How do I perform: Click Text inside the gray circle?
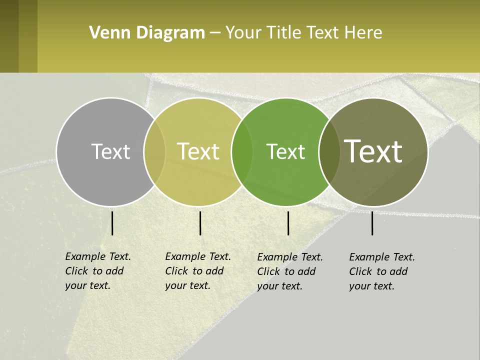110,151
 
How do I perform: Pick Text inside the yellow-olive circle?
198,151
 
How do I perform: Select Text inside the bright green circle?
285,151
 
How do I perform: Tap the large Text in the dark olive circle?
373,151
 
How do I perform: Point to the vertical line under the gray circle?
112,223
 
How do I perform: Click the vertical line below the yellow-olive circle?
200,223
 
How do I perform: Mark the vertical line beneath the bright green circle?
288,223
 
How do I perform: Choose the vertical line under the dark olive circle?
372,223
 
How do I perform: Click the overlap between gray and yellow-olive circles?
154,151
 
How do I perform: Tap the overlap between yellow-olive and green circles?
242,151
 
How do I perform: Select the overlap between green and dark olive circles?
329,151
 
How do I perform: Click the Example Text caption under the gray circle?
97,271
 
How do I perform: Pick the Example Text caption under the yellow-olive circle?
197,271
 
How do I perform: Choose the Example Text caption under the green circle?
289,271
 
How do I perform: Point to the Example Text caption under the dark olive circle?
381,271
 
